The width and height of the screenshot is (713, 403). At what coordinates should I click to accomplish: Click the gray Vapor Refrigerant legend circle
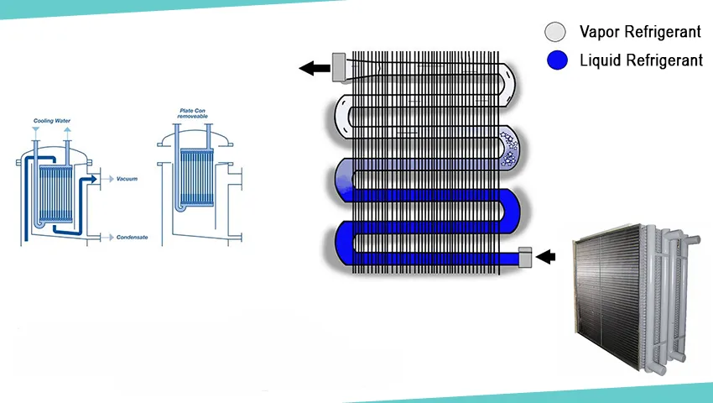tap(556, 33)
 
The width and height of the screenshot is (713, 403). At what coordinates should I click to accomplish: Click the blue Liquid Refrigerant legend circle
tap(556, 61)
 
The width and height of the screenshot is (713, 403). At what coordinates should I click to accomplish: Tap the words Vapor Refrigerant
tap(640, 33)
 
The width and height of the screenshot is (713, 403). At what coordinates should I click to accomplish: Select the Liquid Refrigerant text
tap(641, 61)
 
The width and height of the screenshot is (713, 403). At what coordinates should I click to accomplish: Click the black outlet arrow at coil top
tap(315, 67)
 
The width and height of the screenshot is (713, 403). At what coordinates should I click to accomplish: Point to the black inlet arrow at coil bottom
tap(546, 257)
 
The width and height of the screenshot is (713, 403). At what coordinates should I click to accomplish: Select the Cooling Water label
tap(51, 121)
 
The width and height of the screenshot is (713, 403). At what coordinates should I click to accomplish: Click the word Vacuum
tap(128, 179)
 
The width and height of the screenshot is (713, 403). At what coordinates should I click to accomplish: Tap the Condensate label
tap(132, 238)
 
